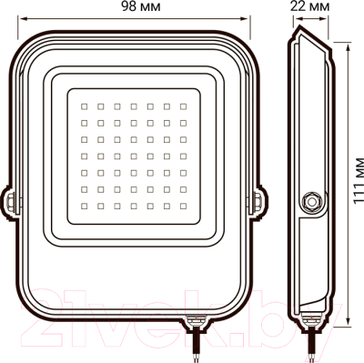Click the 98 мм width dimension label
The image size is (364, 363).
click(x=141, y=6)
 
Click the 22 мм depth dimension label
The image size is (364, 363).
click(x=309, y=6)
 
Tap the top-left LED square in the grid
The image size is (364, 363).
click(x=85, y=106)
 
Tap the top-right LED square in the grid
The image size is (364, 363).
click(x=183, y=106)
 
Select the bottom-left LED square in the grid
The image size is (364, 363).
click(x=85, y=206)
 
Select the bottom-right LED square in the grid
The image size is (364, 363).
click(x=183, y=206)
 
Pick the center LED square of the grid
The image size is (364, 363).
click(x=134, y=156)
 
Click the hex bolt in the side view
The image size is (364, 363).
click(x=311, y=201)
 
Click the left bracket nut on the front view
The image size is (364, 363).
click(x=10, y=201)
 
